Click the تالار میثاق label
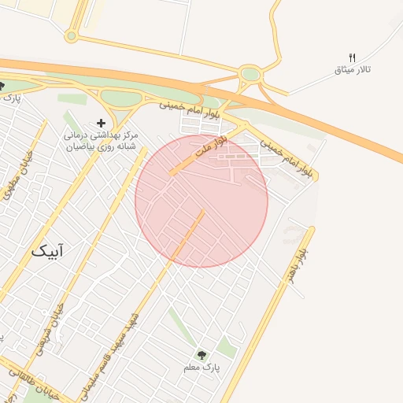(x=353, y=70)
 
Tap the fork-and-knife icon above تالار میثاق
(x=352, y=57)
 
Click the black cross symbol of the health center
(x=101, y=123)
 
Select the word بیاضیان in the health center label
(x=79, y=146)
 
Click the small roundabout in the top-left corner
(x=72, y=35)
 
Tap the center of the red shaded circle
(x=201, y=201)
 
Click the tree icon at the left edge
(x=2, y=86)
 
